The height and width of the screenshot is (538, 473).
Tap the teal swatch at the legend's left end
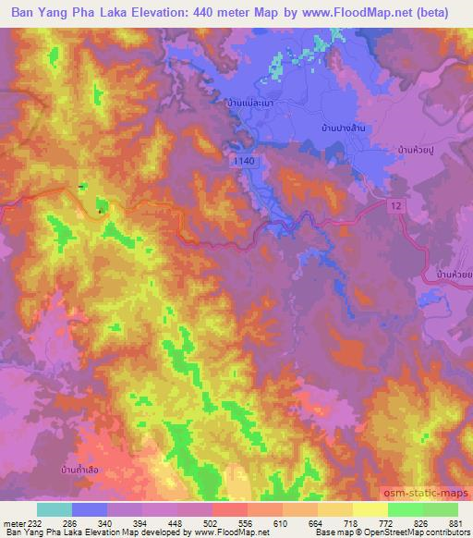[x=55, y=509]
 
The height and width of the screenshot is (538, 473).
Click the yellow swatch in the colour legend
[x=370, y=509]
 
